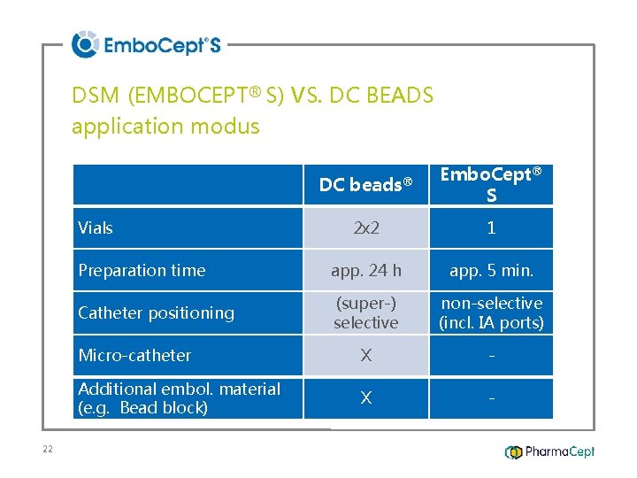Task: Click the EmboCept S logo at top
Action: (x=146, y=44)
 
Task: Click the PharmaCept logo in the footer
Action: (x=549, y=451)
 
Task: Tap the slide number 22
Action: (x=48, y=450)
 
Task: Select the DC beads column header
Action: (x=365, y=184)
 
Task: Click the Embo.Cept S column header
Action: (x=491, y=184)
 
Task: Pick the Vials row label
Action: (x=96, y=228)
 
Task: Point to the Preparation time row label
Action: (x=142, y=271)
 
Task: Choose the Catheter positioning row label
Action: (x=156, y=312)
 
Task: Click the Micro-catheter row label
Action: (x=134, y=355)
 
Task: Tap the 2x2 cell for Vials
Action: (x=365, y=228)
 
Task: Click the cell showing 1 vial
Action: (x=491, y=228)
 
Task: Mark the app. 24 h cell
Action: (x=365, y=271)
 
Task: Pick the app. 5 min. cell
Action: (x=491, y=271)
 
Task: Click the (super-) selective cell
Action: (x=365, y=313)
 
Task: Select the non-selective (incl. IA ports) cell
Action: (x=491, y=313)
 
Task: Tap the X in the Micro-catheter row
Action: (x=365, y=355)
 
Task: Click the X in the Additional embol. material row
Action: (x=365, y=398)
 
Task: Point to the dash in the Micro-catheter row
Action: (x=491, y=356)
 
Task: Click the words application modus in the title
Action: (x=165, y=127)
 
